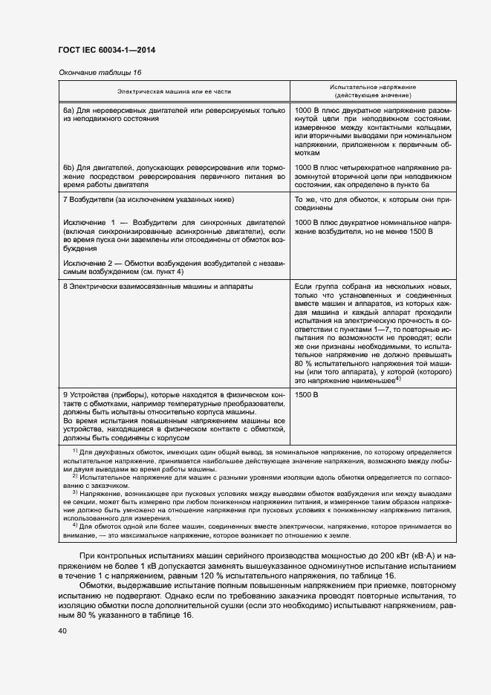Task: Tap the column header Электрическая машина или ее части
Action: pos(174,91)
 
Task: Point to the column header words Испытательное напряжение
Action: pos(373,87)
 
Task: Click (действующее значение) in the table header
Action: pos(373,96)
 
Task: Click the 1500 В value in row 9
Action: pos(306,394)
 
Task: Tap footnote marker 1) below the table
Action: pos(74,450)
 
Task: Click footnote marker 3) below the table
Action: pos(74,492)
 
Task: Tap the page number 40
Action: pos(62,631)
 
